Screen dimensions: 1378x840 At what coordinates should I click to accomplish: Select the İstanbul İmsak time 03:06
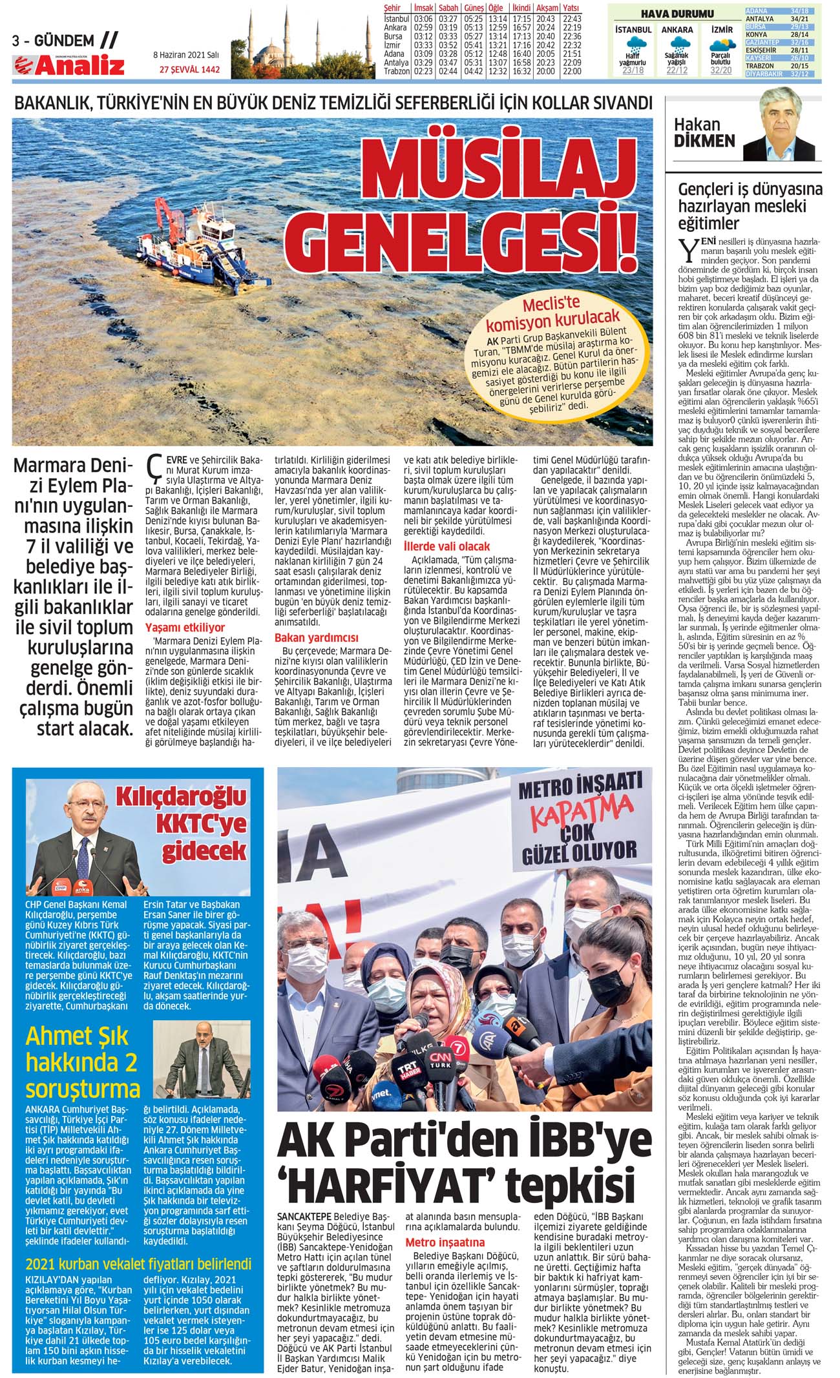tap(423, 19)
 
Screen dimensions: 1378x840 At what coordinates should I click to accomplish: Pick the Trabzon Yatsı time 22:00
tap(572, 71)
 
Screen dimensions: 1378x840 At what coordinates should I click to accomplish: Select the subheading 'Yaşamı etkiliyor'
tap(185, 627)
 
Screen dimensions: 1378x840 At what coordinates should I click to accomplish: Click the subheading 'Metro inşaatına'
tap(445, 1242)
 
